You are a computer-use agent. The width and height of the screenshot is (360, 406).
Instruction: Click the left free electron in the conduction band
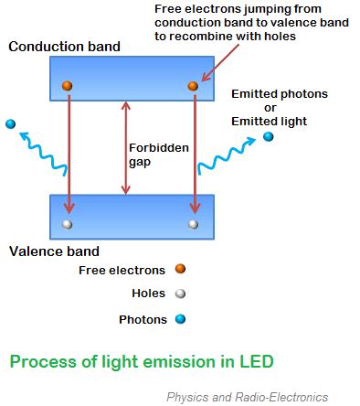click(x=67, y=86)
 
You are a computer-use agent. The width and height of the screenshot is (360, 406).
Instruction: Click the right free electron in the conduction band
click(x=193, y=86)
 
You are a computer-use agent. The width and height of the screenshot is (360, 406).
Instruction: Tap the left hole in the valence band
click(x=67, y=223)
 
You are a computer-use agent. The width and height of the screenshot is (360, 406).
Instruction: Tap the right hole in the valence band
click(x=193, y=223)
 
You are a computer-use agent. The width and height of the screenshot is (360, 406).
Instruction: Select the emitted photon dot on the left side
click(x=10, y=124)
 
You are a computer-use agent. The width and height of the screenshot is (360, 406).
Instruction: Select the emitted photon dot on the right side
click(x=268, y=137)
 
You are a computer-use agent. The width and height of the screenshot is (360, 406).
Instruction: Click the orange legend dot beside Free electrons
click(x=180, y=270)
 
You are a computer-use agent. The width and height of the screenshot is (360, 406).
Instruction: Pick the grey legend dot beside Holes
click(x=180, y=294)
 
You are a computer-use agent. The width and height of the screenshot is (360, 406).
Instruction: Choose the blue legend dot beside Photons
click(x=180, y=319)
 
